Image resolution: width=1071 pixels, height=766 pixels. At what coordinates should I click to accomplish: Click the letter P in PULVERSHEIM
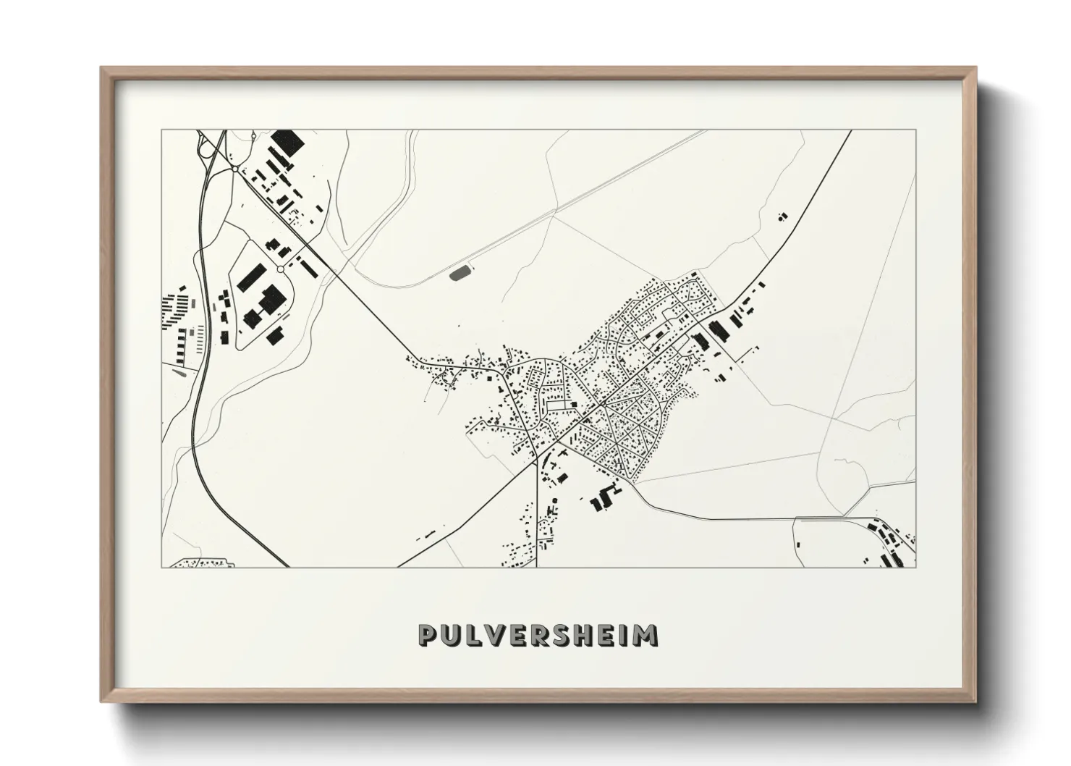tap(428, 635)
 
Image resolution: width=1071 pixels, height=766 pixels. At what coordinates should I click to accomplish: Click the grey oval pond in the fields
tap(460, 273)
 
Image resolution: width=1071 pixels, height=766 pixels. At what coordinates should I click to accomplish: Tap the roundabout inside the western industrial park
tap(280, 269)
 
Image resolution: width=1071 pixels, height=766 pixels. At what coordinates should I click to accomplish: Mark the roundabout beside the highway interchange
tap(235, 169)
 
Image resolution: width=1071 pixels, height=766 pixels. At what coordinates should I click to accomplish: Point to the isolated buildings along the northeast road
tap(782, 216)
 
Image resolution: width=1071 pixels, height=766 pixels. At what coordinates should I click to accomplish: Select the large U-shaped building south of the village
tap(603, 500)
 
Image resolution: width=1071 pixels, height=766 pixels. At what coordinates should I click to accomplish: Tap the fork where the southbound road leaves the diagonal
tap(536, 458)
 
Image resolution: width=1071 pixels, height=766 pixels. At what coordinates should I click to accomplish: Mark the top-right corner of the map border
tap(915, 130)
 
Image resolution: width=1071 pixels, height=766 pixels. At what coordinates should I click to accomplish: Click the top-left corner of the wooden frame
tap(101, 68)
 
